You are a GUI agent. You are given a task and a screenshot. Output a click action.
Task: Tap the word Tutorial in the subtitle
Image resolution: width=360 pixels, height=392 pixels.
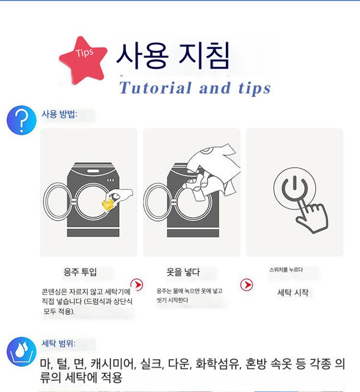coord(155,88)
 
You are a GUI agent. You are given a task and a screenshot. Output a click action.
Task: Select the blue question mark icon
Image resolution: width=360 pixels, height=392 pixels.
coord(21,120)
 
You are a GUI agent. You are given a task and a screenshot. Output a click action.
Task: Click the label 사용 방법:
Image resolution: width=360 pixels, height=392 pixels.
coord(59,114)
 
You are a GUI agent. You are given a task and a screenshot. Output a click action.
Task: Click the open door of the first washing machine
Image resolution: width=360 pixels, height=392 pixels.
coord(57,202)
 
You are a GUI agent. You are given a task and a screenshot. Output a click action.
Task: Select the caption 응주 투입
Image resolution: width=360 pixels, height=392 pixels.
coord(80,272)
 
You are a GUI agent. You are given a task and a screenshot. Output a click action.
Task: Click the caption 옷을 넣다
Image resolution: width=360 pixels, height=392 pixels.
coord(183,272)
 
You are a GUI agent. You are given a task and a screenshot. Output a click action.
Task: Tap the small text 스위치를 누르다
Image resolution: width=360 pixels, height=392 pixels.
coord(286,270)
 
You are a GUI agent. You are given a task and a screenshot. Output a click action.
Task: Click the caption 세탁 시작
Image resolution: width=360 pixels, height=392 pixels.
coord(293,292)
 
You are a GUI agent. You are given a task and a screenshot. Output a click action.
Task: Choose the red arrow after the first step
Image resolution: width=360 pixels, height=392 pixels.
coord(137,285)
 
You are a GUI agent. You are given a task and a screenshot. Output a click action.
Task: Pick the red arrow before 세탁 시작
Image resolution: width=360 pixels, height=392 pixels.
coord(247,285)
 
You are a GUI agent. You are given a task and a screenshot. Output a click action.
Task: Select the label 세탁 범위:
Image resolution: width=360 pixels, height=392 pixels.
coord(58,343)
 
